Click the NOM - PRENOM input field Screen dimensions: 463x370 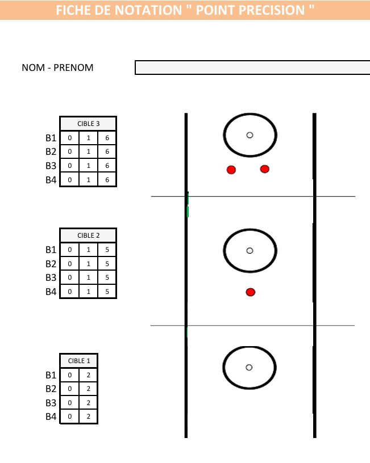tap(252, 68)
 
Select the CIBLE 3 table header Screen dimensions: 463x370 tap(88, 124)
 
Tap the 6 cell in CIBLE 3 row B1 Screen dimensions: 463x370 tap(107, 138)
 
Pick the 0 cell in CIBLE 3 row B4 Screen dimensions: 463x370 tap(70, 180)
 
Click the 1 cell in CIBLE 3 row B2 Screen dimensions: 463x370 tap(88, 152)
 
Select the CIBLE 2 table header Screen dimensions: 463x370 tap(88, 235)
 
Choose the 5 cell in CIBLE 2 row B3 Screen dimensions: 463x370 tap(107, 277)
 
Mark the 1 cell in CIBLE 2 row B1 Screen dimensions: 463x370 tap(88, 250)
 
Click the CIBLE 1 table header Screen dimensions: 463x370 tap(79, 361)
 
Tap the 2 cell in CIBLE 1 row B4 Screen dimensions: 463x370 tap(88, 417)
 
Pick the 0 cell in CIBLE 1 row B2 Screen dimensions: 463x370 tap(70, 389)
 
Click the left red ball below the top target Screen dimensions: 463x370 tap(231, 170)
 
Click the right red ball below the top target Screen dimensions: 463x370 tap(264, 169)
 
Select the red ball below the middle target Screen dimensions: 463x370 tap(251, 292)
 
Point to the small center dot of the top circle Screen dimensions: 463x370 tap(250, 135)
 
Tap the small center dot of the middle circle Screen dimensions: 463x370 tap(250, 250)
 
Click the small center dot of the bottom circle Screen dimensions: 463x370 tap(249, 367)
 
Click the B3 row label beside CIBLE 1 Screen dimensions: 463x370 tap(51, 403)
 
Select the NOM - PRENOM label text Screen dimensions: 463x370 tap(57, 68)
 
